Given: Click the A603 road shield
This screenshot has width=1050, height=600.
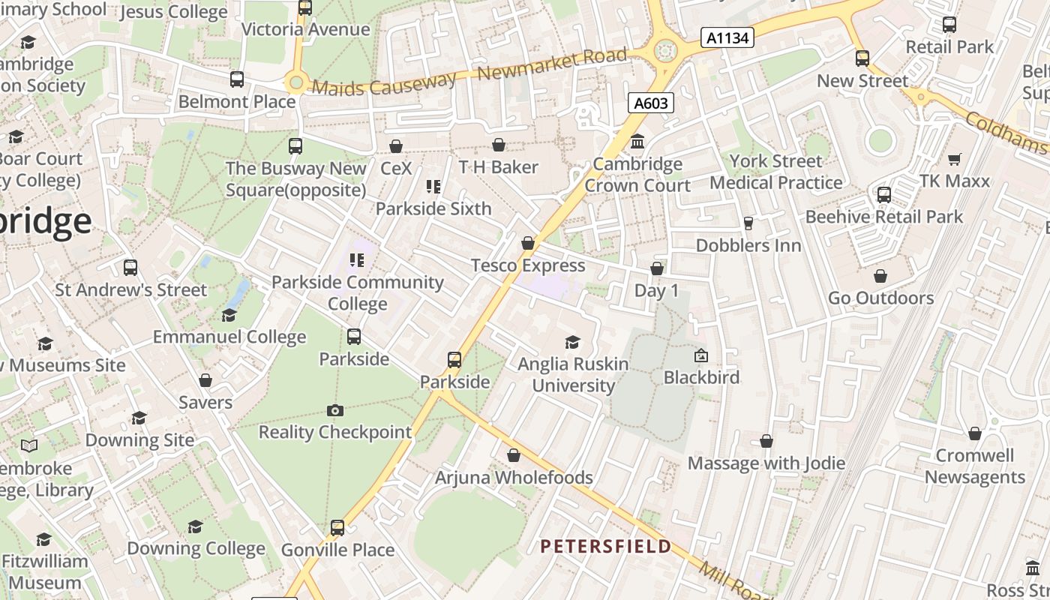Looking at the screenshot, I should (650, 103).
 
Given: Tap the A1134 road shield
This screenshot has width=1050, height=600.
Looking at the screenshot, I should (727, 37).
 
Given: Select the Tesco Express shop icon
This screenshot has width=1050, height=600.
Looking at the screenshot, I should (528, 243).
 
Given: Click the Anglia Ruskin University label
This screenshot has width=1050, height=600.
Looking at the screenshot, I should (574, 374).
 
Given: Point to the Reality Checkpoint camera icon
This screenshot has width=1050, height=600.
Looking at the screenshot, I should (335, 410).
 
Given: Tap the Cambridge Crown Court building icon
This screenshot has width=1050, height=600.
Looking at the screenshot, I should (637, 141).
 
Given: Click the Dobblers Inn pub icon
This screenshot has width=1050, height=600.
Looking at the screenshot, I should (748, 223).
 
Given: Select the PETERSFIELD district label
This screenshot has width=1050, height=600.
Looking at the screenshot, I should (606, 546).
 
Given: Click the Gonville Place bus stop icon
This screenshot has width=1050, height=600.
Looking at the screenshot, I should (337, 528).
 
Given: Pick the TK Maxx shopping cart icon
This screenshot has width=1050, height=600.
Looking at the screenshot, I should (955, 159).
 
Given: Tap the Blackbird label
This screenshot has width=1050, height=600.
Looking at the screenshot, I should (701, 376).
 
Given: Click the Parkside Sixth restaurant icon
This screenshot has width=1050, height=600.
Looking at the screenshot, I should (433, 186).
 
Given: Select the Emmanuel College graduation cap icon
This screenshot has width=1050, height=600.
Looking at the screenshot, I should (229, 315).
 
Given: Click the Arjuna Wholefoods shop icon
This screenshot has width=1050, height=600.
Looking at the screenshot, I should (514, 455).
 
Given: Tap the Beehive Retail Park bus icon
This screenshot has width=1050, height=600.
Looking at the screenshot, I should (884, 195).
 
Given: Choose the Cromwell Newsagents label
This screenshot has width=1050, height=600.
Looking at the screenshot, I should (974, 466).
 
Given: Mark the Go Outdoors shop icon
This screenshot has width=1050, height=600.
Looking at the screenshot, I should (880, 277).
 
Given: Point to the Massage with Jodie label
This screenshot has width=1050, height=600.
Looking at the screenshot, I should (766, 463).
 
